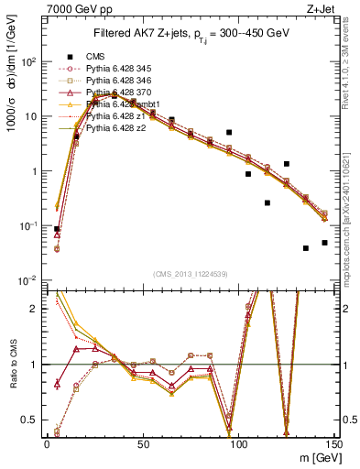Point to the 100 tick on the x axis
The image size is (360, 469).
(238, 442)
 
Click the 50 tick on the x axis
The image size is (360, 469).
(142, 442)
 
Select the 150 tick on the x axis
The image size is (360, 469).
(333, 442)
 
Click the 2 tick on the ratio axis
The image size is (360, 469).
(35, 309)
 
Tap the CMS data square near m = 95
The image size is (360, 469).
(229, 133)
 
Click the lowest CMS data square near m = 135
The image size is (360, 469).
(306, 248)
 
